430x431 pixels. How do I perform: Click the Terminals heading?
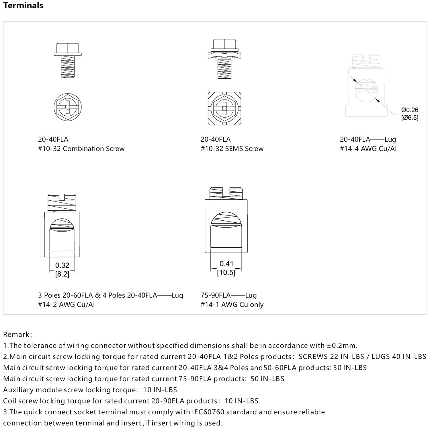[x=23, y=5]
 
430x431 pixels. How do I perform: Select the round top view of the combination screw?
[x=68, y=107]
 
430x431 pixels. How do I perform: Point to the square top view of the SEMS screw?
[x=224, y=108]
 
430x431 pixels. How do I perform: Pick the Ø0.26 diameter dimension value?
[x=410, y=110]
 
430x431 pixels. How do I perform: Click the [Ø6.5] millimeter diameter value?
[x=410, y=118]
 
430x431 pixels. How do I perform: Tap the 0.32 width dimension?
[x=62, y=265]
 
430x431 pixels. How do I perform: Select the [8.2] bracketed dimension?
[x=62, y=274]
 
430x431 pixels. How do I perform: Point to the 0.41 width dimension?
[x=226, y=264]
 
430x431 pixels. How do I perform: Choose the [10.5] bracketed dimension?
[x=226, y=272]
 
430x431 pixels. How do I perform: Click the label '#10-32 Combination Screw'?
[x=81, y=149]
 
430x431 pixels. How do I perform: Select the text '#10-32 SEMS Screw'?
[x=232, y=149]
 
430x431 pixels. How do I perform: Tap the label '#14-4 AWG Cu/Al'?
[x=368, y=149]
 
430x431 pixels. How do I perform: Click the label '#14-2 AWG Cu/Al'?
[x=66, y=304]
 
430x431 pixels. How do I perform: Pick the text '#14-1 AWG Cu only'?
[x=232, y=304]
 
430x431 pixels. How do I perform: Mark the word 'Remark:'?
[x=17, y=334]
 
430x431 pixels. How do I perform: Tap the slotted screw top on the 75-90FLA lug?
[x=226, y=193]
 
